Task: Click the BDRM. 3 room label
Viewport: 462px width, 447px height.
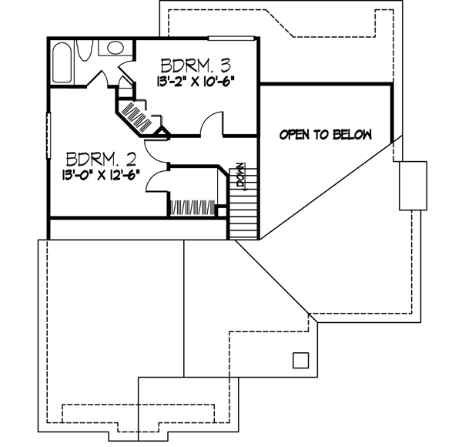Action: click(196, 63)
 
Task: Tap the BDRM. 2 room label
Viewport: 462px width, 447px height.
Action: click(102, 160)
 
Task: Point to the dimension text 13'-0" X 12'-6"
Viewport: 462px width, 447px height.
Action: click(102, 176)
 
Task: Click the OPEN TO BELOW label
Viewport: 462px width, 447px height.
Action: click(325, 135)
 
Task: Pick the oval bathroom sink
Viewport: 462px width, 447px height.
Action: click(115, 48)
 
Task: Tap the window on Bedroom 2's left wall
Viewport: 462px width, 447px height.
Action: click(49, 136)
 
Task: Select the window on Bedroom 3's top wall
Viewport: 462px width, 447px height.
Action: click(231, 37)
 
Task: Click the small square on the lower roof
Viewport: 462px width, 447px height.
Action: click(300, 360)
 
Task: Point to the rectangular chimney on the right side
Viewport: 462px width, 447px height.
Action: click(412, 185)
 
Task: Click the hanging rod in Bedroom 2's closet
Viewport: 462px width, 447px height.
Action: click(192, 207)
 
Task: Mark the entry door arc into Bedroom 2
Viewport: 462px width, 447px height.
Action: click(158, 150)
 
